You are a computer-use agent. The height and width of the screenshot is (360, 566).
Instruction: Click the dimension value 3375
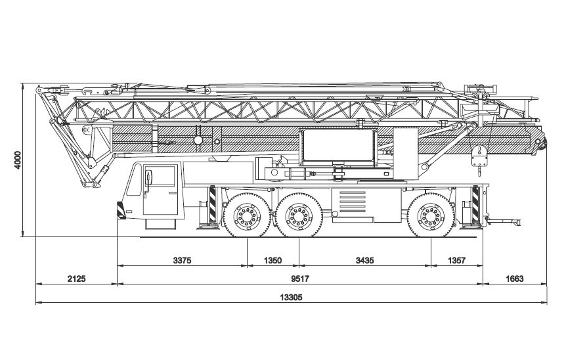click(182, 261)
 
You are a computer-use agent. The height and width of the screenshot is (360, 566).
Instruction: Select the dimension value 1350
click(272, 261)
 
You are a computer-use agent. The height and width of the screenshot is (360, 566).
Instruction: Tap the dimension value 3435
click(364, 261)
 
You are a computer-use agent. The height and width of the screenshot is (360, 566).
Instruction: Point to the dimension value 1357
click(456, 261)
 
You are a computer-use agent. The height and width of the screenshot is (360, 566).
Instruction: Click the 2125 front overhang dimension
click(76, 279)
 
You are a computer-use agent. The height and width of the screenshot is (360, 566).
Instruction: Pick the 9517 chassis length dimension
click(299, 279)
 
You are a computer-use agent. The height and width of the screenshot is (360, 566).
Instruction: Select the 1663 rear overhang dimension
click(514, 279)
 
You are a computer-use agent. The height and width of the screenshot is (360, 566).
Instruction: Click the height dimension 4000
click(18, 160)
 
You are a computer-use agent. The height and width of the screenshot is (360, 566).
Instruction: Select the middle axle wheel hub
click(299, 215)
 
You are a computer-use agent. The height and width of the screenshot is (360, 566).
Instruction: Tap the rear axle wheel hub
click(431, 215)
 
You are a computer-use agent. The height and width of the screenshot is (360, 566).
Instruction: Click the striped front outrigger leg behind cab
click(213, 206)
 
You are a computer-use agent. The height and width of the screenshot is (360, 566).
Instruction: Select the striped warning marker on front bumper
click(120, 211)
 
